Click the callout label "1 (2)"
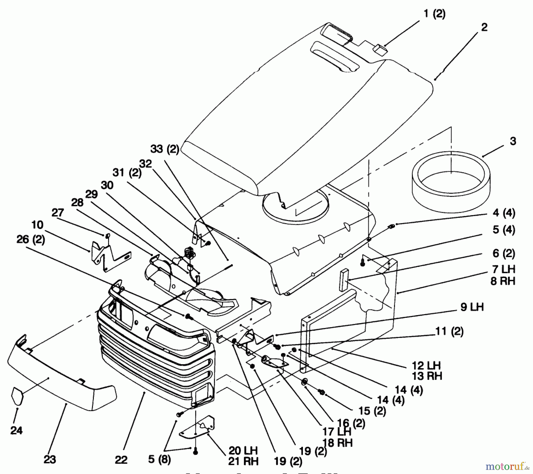point(434,14)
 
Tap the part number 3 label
point(513,141)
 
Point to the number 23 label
point(50,459)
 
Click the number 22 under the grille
point(121,460)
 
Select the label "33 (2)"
point(165,149)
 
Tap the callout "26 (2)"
point(30,239)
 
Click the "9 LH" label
point(472,307)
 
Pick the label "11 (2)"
point(449,331)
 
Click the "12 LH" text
point(426,365)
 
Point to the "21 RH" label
point(243,461)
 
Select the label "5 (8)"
point(159,460)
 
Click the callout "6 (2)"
point(504,254)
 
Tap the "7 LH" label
point(504,269)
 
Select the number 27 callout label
point(57,213)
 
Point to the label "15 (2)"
point(372,411)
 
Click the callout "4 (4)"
point(504,213)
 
